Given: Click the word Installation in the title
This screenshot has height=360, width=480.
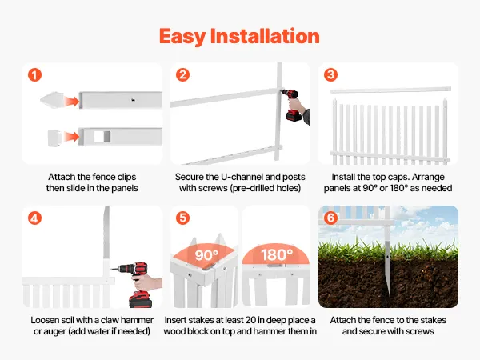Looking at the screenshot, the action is [x=265, y=36].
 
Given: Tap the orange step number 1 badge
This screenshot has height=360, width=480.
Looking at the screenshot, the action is [x=34, y=75].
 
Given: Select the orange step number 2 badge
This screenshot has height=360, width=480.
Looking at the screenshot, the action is [x=182, y=74].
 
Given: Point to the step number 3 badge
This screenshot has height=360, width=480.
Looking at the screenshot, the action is [x=330, y=74].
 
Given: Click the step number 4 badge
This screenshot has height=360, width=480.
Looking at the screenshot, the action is [x=34, y=218].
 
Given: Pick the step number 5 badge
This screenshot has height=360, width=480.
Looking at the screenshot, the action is [x=182, y=218].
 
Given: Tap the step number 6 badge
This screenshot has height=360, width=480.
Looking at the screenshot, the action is [x=330, y=218].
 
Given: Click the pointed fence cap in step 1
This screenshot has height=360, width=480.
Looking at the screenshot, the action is [x=52, y=100].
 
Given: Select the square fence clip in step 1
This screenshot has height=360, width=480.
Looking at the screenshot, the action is [x=54, y=138].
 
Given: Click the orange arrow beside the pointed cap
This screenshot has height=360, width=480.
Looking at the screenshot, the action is [x=72, y=101].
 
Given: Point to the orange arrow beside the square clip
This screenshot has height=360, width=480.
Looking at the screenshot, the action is [x=72, y=137].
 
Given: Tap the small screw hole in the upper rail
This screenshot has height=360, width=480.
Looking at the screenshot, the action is [x=133, y=100].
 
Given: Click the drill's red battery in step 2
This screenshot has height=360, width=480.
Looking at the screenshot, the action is [x=294, y=116].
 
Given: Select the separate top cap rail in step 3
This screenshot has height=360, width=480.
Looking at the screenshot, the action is [x=390, y=90].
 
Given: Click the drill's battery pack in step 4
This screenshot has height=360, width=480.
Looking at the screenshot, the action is [x=141, y=299].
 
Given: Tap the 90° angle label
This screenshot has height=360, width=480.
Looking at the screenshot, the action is [x=206, y=255].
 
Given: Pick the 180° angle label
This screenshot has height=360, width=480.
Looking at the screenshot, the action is [x=277, y=254].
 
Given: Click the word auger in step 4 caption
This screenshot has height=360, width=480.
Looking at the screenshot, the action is [x=54, y=331].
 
